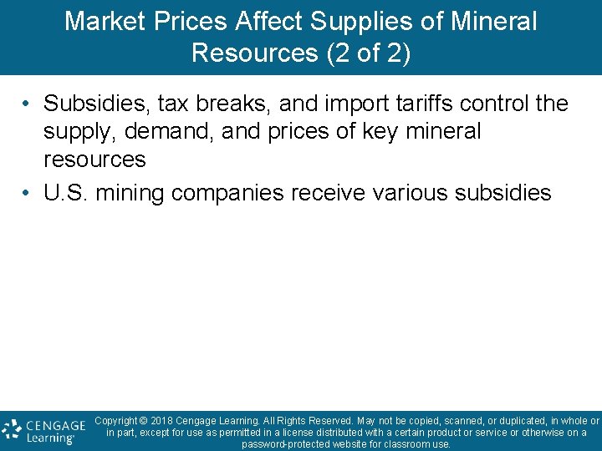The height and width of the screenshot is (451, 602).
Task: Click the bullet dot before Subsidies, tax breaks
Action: (x=28, y=104)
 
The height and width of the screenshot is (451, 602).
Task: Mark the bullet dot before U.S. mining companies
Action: (x=28, y=194)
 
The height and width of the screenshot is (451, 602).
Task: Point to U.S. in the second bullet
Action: (x=67, y=194)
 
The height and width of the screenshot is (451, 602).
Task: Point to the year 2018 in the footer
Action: (x=166, y=421)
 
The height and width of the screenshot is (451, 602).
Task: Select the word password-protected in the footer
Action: (x=280, y=444)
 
